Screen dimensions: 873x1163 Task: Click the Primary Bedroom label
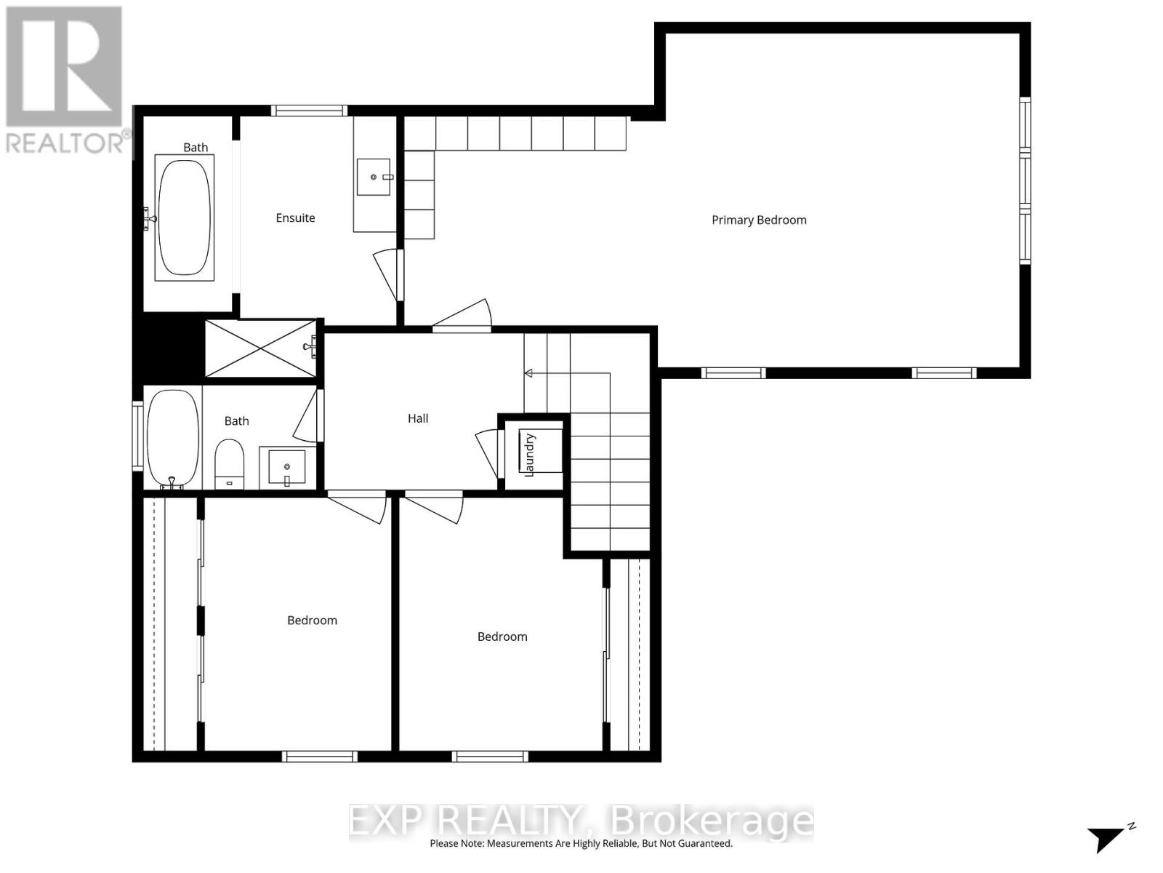pos(759,220)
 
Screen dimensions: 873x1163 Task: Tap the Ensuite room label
pos(295,218)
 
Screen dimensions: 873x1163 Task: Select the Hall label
pos(418,418)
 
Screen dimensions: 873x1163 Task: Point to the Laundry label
pos(530,455)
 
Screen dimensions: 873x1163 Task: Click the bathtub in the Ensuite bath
pos(185,218)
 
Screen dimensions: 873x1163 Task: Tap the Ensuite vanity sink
pos(374,177)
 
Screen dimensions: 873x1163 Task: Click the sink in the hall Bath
pos(286,466)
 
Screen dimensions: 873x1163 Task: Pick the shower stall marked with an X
pos(260,348)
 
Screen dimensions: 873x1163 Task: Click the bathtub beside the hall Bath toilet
pos(173,439)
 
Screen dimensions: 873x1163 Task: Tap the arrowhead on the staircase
pos(528,373)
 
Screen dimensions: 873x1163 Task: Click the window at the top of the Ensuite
pos(309,111)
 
